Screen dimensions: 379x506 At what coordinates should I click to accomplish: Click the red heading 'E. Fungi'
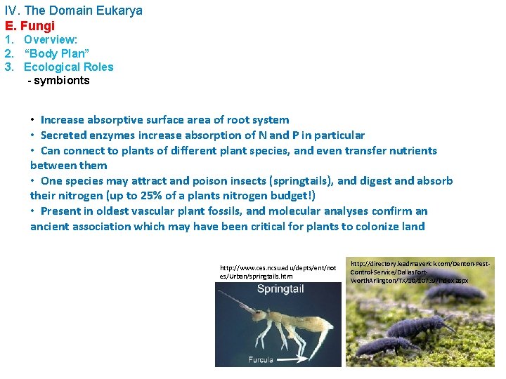point(30,26)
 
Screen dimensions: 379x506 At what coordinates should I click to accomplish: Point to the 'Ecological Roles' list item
point(68,67)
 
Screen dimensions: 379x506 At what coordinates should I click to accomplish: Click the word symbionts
point(62,80)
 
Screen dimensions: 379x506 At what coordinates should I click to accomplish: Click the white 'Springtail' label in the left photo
point(280,288)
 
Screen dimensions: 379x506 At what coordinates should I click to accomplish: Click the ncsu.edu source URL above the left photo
point(273,272)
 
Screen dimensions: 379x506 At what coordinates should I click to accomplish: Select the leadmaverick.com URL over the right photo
point(420,271)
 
